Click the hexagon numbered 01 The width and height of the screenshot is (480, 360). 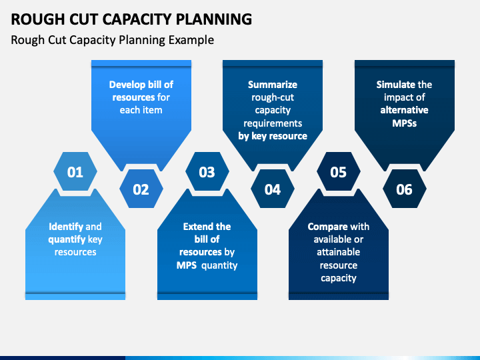tap(75, 171)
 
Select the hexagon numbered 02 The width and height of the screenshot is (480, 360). tap(141, 189)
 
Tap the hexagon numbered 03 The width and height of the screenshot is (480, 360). tap(207, 171)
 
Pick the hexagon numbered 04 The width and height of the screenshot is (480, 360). tap(273, 189)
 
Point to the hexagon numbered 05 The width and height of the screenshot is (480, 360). tap(339, 171)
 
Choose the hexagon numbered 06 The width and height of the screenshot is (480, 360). tap(405, 189)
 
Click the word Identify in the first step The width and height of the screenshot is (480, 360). tap(66, 227)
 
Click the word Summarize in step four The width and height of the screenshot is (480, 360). tap(273, 85)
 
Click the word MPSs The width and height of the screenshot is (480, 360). tap(405, 123)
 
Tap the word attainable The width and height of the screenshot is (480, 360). tap(338, 252)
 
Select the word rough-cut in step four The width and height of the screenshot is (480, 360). tap(273, 97)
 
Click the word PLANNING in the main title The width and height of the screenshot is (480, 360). tap(214, 19)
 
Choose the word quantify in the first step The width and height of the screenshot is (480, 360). tap(67, 240)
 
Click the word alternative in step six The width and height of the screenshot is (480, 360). tap(405, 110)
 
